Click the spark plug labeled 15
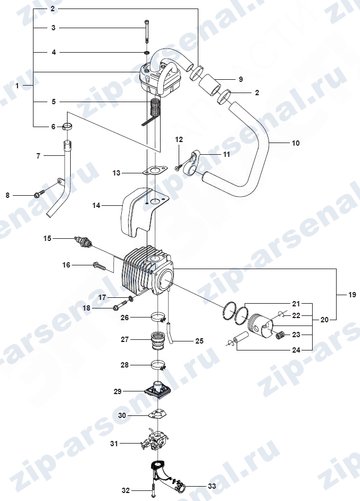tap(83, 241)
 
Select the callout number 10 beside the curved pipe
tap(296, 143)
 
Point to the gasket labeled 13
tap(155, 171)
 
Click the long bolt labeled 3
tap(146, 31)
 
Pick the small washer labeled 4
tap(147, 52)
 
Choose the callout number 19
tap(352, 294)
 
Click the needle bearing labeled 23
tap(279, 335)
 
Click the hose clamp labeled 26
tap(158, 318)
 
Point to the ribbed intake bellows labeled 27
tap(157, 340)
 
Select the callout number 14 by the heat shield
tap(96, 205)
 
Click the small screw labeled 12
tap(179, 167)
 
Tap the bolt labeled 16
tap(99, 265)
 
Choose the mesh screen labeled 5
tap(154, 109)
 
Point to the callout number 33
tap(212, 486)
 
